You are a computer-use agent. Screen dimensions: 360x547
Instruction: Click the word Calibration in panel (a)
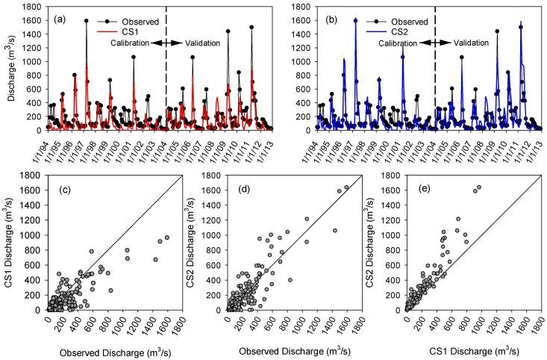point(125,43)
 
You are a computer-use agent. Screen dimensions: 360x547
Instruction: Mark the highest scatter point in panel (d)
point(346,187)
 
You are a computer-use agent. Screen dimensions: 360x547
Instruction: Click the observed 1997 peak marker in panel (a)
point(87,21)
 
